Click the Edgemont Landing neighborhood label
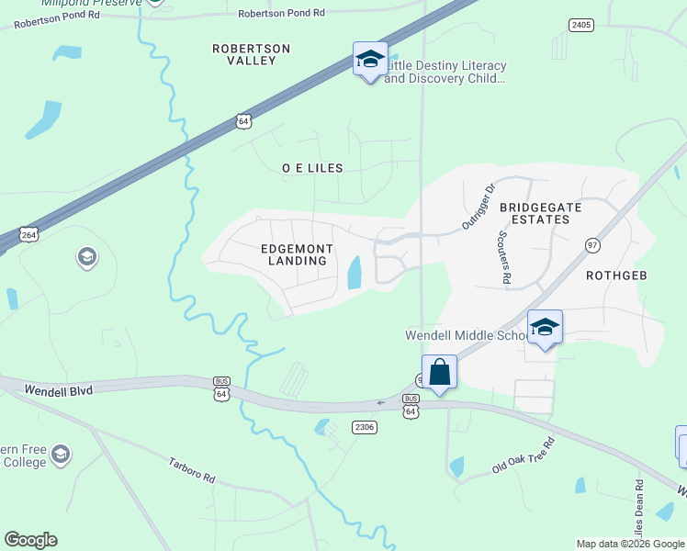294,254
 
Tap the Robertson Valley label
251,54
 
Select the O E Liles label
312,168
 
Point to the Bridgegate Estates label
541,213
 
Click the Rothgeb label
617,275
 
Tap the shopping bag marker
440,373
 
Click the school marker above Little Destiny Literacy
370,60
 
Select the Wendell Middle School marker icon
545,328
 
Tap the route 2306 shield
365,427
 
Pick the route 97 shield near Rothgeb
592,245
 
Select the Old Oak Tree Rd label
524,455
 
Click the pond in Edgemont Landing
354,272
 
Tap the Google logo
30,540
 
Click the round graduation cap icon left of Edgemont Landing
87,257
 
